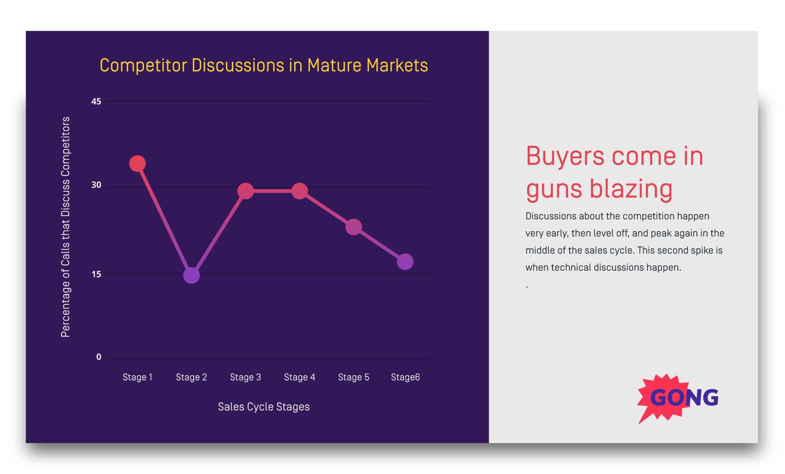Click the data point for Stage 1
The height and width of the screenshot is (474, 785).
point(137,164)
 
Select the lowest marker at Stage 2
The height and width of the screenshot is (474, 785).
point(191,275)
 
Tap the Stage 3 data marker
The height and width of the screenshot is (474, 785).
point(245,191)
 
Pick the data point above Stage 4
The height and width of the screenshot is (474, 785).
point(299,191)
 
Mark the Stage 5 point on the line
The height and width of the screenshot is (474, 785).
point(353,227)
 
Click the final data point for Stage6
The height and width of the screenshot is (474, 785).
point(405,262)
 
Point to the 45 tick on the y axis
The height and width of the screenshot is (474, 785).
point(96,102)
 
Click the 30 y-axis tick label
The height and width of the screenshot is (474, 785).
point(96,185)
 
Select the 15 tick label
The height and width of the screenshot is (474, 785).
point(96,275)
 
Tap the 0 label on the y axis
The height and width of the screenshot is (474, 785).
point(99,358)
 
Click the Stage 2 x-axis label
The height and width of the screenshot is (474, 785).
point(191,377)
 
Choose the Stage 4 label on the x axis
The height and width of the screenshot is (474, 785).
point(299,377)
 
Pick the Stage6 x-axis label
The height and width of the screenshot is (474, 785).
point(405,377)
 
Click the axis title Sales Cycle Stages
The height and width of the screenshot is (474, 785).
point(264,407)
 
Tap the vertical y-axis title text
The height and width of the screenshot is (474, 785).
point(65,227)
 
